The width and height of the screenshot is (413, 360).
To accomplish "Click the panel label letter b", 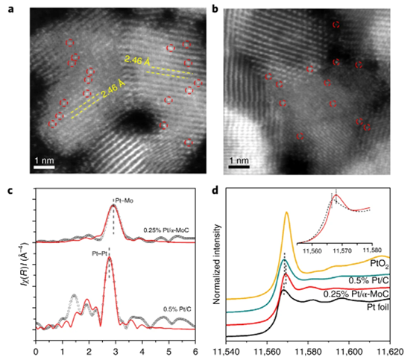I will click(x=215, y=7).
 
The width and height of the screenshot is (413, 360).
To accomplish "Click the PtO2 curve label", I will click(x=379, y=262).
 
